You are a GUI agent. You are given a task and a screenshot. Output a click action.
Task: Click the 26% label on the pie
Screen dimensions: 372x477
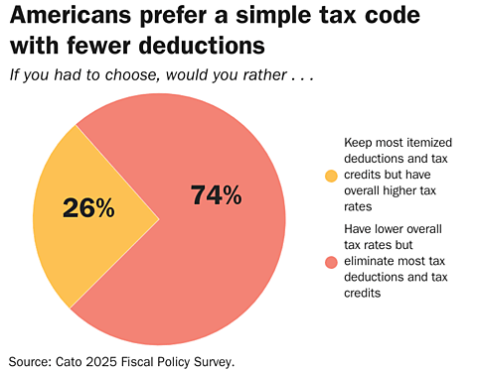pos(88,207)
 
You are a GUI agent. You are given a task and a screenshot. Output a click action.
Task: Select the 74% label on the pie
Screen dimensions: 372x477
pos(216,195)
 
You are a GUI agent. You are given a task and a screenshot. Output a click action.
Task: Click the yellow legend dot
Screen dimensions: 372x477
pos(332,176)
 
